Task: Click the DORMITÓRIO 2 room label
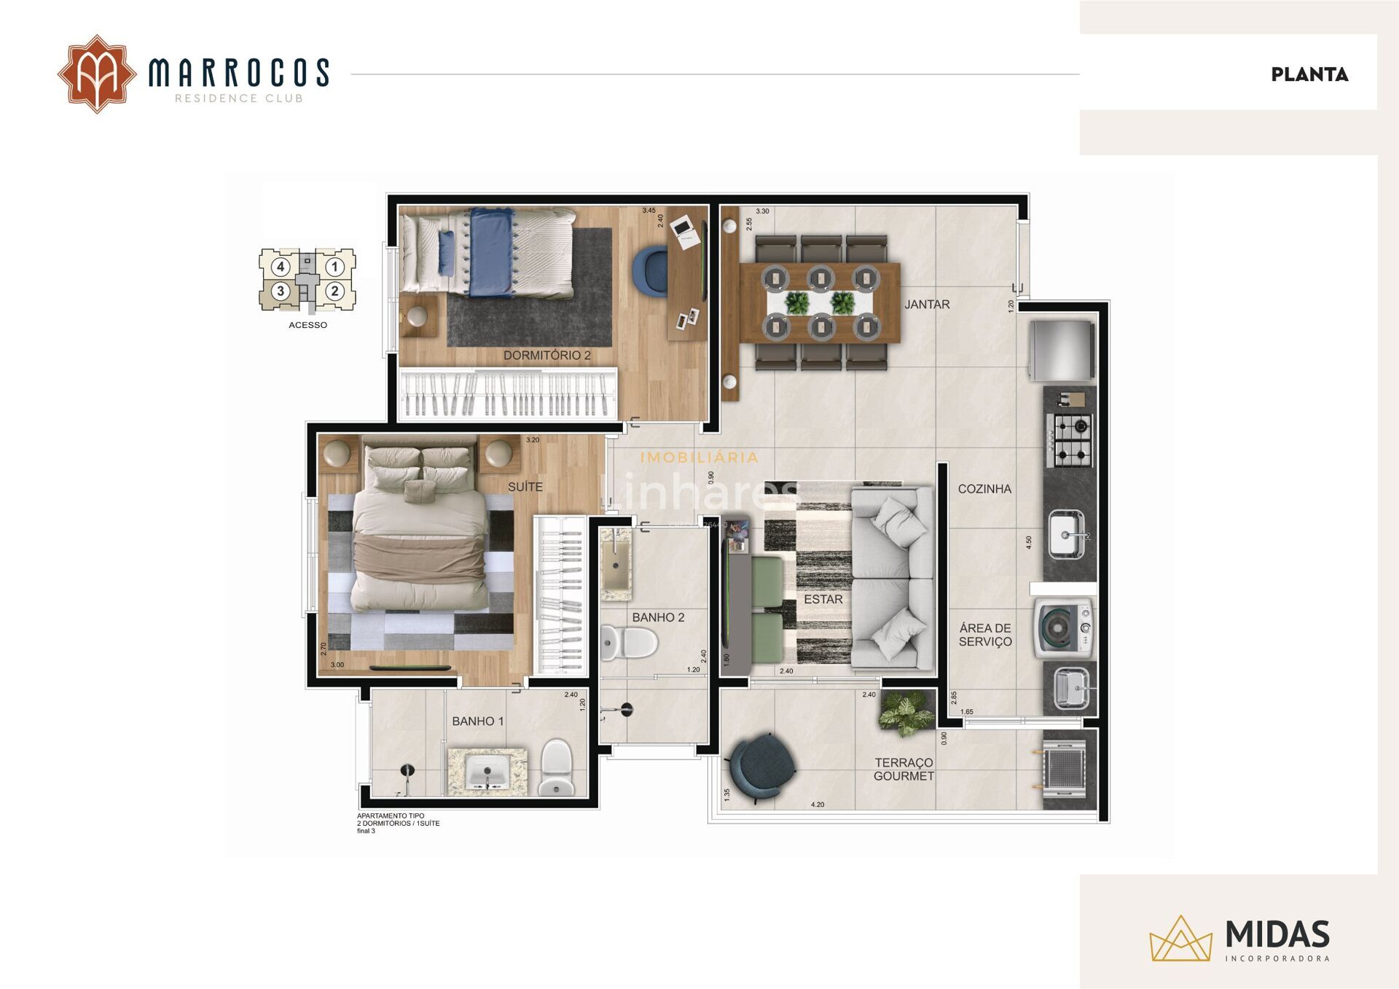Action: [546, 355]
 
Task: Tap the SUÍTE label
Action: [525, 486]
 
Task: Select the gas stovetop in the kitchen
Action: [1070, 439]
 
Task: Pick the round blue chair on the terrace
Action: [763, 767]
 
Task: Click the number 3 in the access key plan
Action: [281, 292]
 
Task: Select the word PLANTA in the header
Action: [1309, 74]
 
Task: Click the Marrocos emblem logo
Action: [97, 74]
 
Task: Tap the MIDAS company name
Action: [1277, 934]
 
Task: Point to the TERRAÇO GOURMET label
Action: [904, 769]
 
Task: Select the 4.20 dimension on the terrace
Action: [818, 805]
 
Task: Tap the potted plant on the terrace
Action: [906, 710]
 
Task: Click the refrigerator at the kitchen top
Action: [1062, 351]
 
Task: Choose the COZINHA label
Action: [984, 489]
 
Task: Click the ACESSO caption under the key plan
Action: [307, 325]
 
